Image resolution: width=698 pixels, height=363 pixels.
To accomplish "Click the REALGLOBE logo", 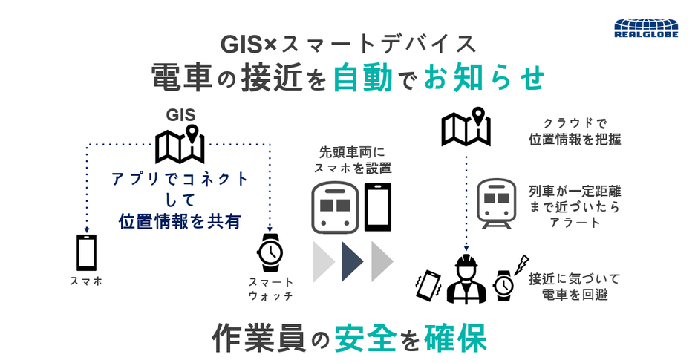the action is [646, 28].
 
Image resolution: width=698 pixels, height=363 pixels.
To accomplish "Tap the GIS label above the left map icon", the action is [180, 115].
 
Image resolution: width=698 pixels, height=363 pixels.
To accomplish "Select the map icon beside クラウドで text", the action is [466, 127].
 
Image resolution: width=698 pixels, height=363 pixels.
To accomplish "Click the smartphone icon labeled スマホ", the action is [86, 252].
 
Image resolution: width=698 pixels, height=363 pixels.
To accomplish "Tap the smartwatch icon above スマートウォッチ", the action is [270, 252].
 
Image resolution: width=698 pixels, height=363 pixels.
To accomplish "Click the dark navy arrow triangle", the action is [353, 261].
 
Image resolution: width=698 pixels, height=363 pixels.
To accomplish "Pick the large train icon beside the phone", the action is [335, 207].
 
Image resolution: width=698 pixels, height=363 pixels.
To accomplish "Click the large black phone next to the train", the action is [378, 207].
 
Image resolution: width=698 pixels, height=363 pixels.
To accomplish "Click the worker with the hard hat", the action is [466, 278].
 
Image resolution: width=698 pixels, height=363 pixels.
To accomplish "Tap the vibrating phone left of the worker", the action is [428, 285].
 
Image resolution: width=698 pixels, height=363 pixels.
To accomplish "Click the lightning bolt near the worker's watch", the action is [521, 265].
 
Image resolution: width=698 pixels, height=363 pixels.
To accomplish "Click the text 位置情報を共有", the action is [180, 221].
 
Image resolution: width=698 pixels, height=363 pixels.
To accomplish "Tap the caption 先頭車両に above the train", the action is [352, 152].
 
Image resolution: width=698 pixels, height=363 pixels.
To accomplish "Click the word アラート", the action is [575, 222].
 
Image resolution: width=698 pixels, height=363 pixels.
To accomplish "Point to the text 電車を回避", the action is [575, 294].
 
